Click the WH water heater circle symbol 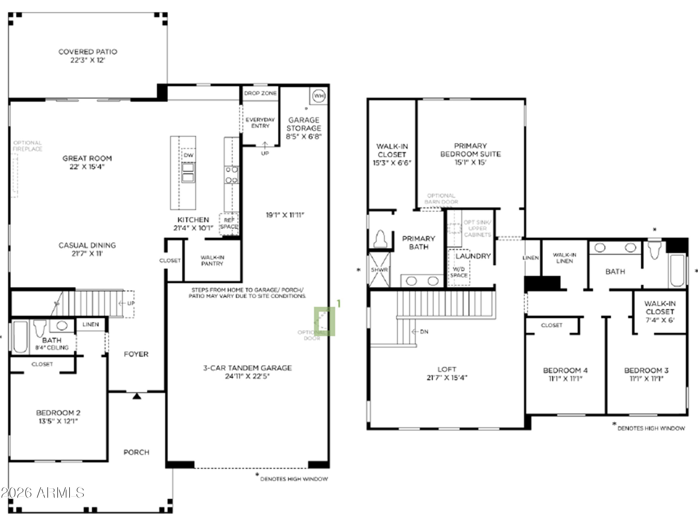click(319, 96)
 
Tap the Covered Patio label click(88, 52)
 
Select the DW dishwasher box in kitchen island click(188, 155)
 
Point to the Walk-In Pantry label click(212, 260)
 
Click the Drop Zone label click(260, 93)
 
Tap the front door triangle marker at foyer click(137, 396)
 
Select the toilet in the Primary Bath click(381, 239)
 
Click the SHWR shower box click(379, 270)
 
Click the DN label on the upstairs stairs click(424, 332)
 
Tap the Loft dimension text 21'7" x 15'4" click(447, 378)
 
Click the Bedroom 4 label click(565, 370)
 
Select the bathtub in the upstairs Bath click(677, 270)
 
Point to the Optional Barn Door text click(441, 199)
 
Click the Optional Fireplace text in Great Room click(27, 146)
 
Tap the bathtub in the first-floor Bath click(21, 337)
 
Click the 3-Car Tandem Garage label click(248, 368)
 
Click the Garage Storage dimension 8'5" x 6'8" click(304, 137)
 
